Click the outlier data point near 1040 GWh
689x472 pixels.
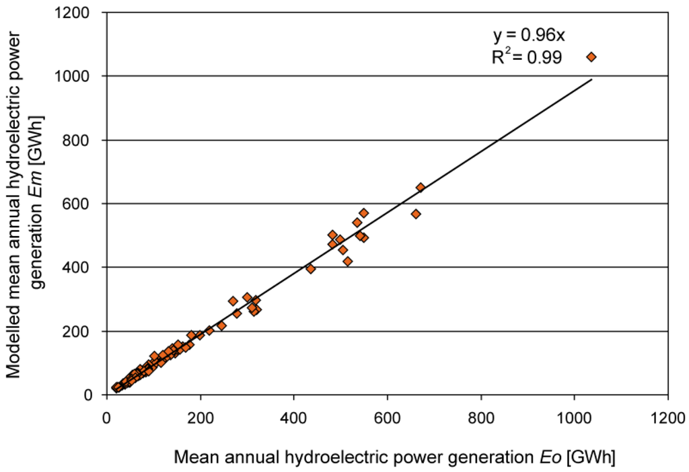591,57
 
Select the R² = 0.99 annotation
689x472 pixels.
526,58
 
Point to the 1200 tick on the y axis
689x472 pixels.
81,13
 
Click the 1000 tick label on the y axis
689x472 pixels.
81,77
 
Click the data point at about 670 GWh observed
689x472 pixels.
421,188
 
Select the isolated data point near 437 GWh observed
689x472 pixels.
311,268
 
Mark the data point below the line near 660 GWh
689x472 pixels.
416,214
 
